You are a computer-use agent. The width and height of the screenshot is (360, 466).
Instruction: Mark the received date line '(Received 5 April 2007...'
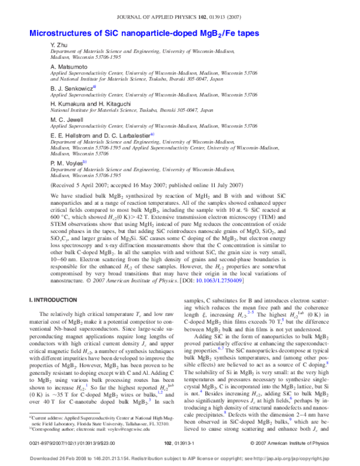(180, 187)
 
